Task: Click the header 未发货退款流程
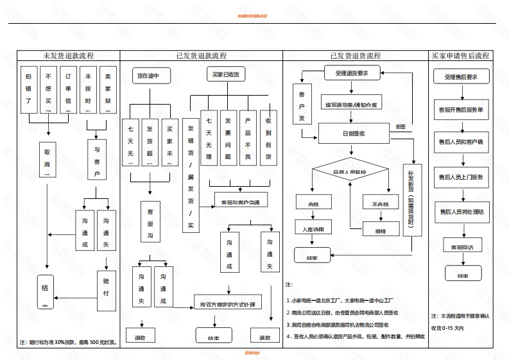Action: coord(68,56)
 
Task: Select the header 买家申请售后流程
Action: coord(460,56)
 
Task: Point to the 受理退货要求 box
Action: coord(352,73)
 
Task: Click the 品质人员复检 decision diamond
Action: coord(349,172)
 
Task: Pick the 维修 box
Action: coord(383,229)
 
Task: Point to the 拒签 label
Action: coord(401,126)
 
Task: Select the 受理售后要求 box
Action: coord(462,78)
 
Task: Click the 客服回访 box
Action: coord(462,246)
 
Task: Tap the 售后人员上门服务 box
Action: coord(462,176)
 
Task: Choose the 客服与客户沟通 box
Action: coord(240,201)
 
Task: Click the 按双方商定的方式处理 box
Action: coord(227,304)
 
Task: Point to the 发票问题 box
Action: coord(229,138)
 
